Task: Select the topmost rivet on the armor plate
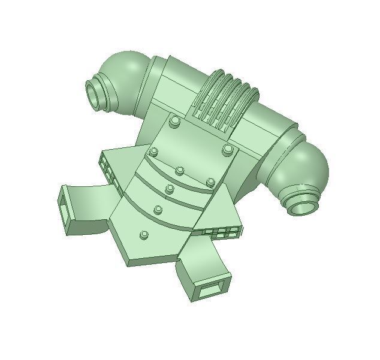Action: [175, 122]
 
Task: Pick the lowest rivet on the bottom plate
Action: [144, 235]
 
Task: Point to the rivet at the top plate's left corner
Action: [155, 152]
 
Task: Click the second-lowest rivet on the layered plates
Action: [158, 210]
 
